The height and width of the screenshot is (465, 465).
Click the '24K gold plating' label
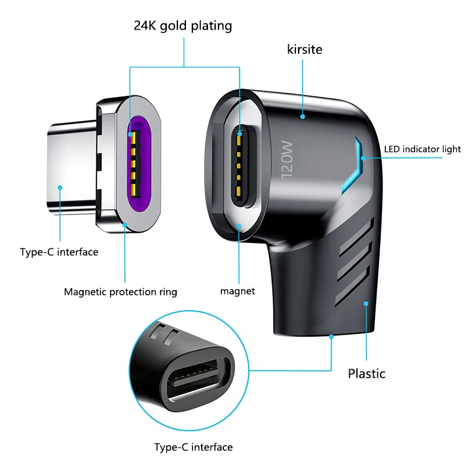(x=183, y=26)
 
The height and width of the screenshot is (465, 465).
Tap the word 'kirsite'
(x=304, y=50)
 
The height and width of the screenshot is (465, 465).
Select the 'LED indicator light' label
(x=422, y=149)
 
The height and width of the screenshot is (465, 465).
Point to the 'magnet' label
(x=238, y=291)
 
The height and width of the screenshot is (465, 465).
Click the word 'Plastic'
(x=367, y=373)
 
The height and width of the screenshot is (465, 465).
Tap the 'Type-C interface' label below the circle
(x=194, y=447)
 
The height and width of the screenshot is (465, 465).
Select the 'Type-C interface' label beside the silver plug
(x=59, y=252)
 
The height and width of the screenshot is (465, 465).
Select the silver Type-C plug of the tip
(x=70, y=163)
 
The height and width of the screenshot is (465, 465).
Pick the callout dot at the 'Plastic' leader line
(x=366, y=303)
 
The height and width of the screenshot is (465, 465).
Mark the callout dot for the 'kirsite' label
(x=303, y=117)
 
